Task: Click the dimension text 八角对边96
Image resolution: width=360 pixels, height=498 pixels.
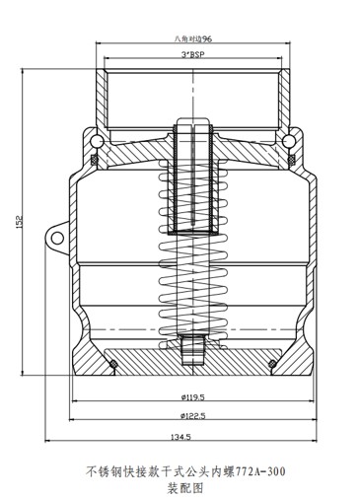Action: click(193, 38)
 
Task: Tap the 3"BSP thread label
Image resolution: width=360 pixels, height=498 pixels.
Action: click(193, 54)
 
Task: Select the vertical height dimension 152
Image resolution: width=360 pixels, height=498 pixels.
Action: click(19, 222)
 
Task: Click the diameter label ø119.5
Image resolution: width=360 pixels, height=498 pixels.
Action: click(192, 397)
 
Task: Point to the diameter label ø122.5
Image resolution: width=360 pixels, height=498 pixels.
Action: click(192, 416)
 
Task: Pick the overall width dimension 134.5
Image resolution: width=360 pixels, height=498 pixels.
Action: click(180, 437)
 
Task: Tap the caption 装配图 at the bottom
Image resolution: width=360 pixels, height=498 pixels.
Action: click(185, 488)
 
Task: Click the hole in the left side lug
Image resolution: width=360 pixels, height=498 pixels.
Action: click(57, 238)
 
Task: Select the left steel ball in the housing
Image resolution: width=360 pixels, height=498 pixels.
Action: click(97, 141)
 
